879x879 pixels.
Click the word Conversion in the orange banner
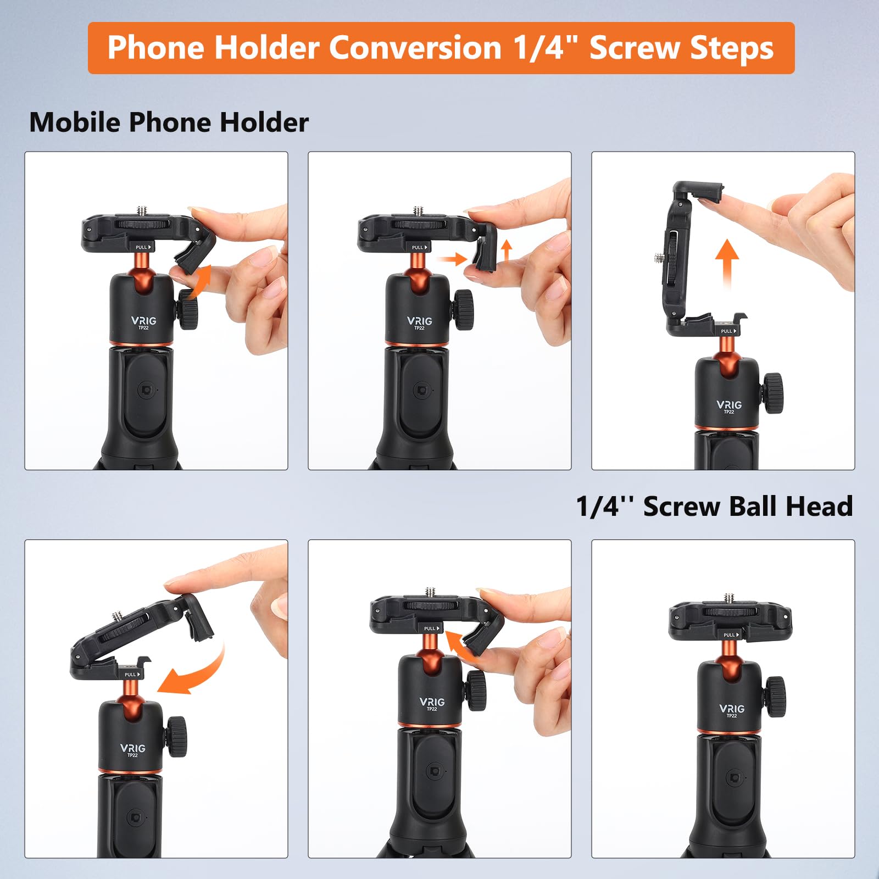(x=415, y=48)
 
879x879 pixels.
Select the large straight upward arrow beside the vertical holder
(x=727, y=264)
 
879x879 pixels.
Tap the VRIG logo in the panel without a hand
(x=731, y=709)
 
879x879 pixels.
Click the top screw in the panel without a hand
(x=730, y=598)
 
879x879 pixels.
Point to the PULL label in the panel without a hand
(x=730, y=635)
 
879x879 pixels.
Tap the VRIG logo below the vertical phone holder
(x=728, y=405)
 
